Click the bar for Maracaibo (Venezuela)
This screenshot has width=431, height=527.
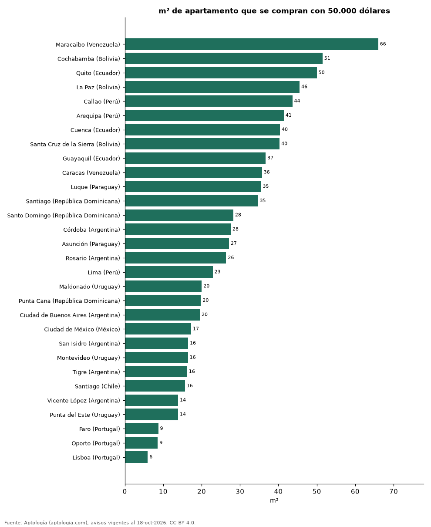251,44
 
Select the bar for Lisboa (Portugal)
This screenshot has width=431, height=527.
136,457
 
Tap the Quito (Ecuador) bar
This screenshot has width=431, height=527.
221,73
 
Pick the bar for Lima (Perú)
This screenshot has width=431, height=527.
169,272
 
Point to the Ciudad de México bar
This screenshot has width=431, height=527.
158,328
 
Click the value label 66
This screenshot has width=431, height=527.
383,44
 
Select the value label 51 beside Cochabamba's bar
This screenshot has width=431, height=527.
327,58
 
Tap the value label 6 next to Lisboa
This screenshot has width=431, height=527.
151,457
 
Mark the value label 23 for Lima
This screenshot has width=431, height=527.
217,272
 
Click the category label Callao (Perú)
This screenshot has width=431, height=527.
102,102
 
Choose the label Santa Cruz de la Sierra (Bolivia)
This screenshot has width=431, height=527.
75,145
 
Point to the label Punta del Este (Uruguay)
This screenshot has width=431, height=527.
85,415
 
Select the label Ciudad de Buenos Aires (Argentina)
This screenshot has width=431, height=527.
70,315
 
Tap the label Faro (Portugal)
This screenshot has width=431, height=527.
99,429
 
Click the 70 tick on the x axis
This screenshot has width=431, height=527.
393,492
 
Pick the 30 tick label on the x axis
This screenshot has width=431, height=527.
240,492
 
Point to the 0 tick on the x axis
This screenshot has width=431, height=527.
125,492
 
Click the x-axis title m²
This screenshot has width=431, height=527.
274,500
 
